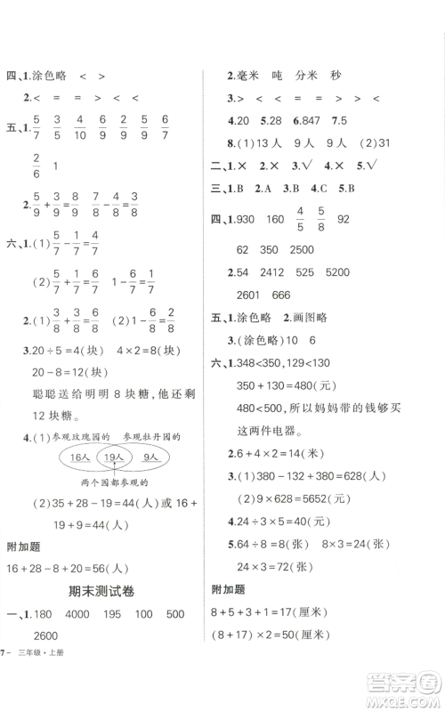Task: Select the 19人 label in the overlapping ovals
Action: (x=110, y=457)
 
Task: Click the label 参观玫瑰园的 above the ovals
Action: (x=77, y=437)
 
